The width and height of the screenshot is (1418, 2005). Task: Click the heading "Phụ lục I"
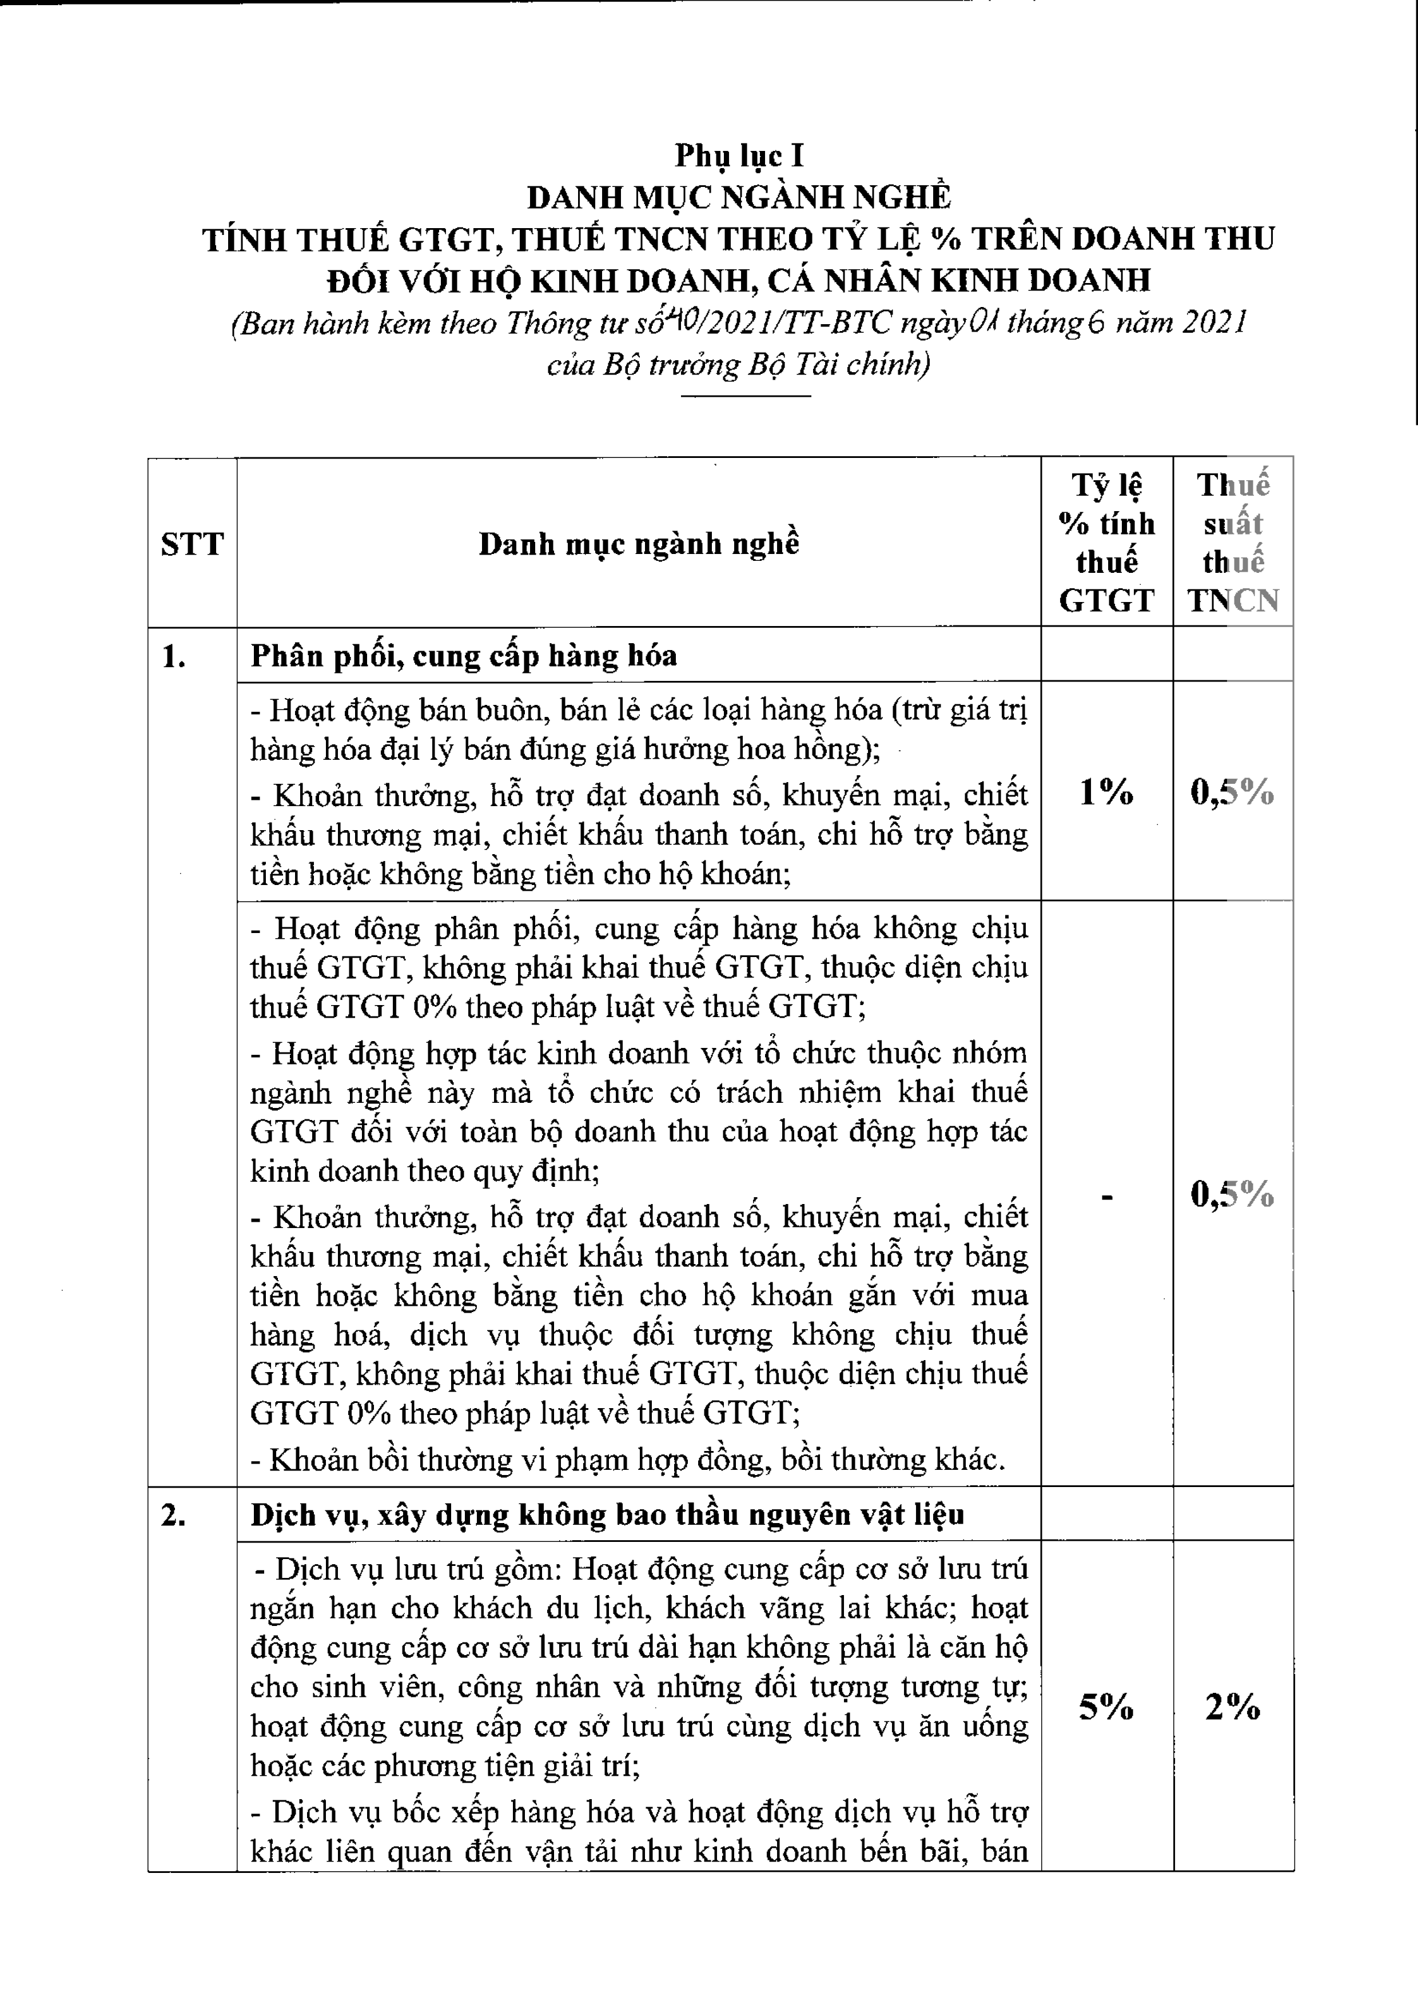pyautogui.click(x=739, y=156)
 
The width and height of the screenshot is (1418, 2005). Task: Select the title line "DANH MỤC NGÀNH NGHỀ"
pyautogui.click(x=739, y=197)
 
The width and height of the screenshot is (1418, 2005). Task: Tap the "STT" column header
pyautogui.click(x=192, y=544)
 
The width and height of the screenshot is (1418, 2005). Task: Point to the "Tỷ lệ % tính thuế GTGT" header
pyautogui.click(x=1106, y=543)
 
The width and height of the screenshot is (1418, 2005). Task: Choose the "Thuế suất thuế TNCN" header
pyautogui.click(x=1233, y=543)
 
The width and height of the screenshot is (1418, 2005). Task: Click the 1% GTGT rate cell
pyautogui.click(x=1106, y=792)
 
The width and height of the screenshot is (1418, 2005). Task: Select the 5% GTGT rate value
pyautogui.click(x=1106, y=1707)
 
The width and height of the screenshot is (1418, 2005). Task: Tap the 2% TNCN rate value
pyautogui.click(x=1233, y=1707)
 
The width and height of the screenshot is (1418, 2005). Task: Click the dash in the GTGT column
pyautogui.click(x=1107, y=1197)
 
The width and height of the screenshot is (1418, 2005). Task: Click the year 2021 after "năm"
pyautogui.click(x=1214, y=323)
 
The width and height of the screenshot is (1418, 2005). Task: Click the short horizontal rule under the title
pyautogui.click(x=746, y=396)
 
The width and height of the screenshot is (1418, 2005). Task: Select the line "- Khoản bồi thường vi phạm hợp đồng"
pyautogui.click(x=627, y=1459)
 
